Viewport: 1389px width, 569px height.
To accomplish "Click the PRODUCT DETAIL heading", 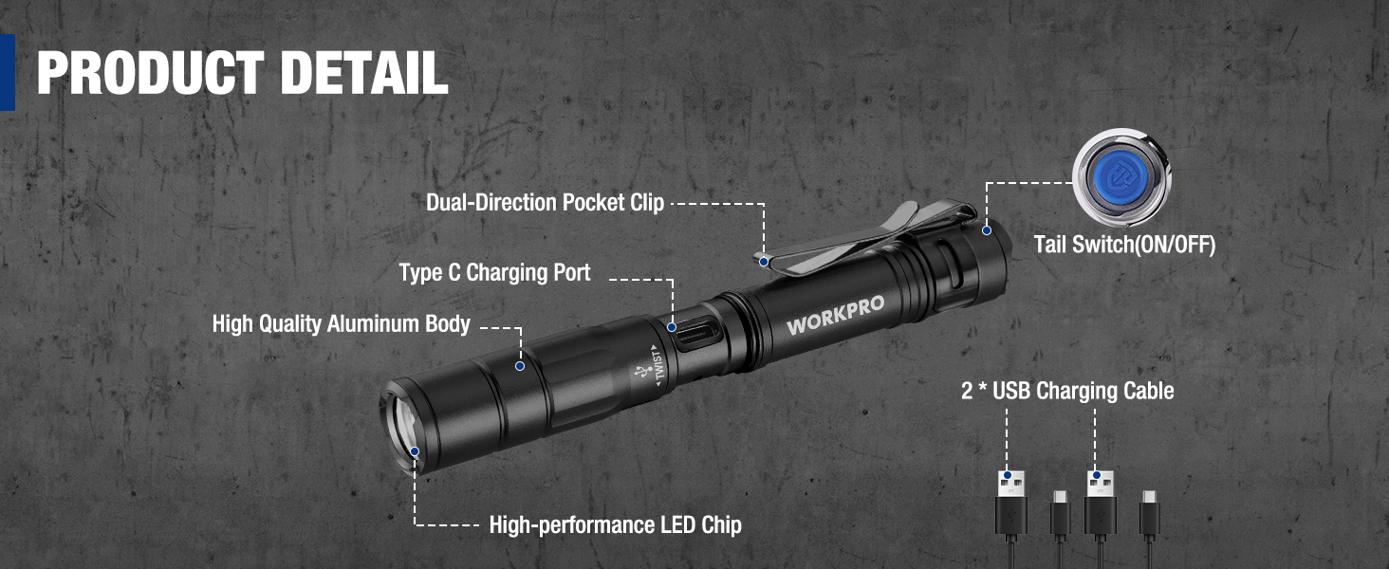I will pos(242,72).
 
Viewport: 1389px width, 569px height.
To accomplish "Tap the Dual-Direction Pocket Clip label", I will pos(545,202).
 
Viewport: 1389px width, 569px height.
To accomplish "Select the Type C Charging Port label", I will pos(494,273).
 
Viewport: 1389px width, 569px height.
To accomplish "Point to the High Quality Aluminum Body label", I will pos(341,323).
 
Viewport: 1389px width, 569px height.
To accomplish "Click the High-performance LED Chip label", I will pos(615,524).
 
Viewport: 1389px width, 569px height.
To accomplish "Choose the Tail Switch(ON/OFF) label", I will pos(1124,244).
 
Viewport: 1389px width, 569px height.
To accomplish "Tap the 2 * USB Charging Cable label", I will pos(1067,391).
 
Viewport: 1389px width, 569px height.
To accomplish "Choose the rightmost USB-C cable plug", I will pos(1149,512).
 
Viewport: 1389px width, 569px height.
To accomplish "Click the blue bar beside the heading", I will pos(8,72).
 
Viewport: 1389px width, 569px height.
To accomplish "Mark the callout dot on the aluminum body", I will pos(519,365).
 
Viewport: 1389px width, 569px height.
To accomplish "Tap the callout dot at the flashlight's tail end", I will pos(987,229).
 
